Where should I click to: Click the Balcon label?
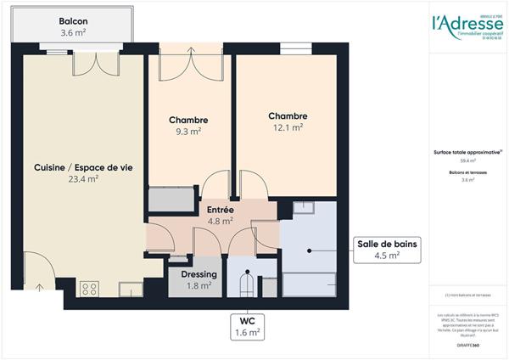point(73,21)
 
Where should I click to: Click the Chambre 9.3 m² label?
point(188,121)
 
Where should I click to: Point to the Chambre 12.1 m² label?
point(288,116)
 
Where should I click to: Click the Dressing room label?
point(199,275)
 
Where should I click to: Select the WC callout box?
point(248,327)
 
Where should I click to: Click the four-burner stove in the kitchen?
point(89,289)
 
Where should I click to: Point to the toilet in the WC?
point(246,282)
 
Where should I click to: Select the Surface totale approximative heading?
point(467,153)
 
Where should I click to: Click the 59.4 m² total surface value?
point(467,160)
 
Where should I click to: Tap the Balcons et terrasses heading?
point(467,172)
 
